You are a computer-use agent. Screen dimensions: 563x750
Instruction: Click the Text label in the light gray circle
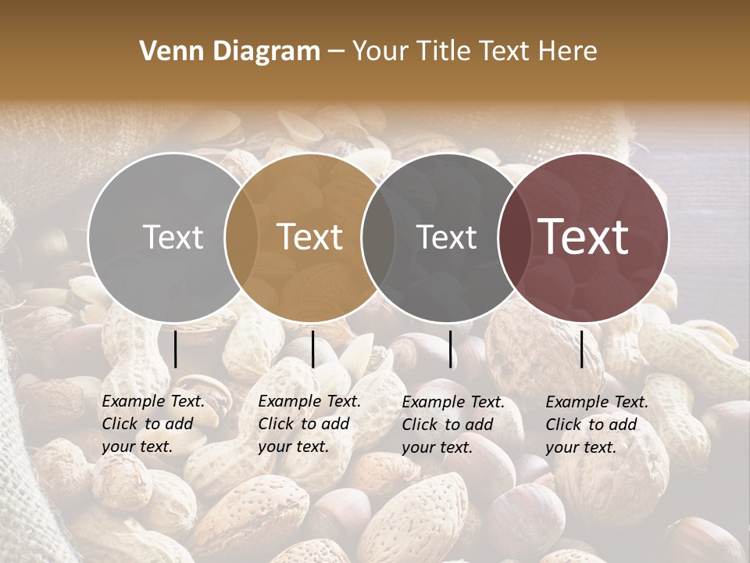point(173,237)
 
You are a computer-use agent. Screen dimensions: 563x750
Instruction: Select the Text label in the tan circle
point(310,237)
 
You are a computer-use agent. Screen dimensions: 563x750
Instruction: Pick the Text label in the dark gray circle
point(447,237)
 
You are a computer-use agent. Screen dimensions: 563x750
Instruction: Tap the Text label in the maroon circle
point(584,237)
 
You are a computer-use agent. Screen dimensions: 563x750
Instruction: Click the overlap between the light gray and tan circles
point(241,237)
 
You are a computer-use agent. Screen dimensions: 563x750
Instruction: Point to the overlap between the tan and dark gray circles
point(378,237)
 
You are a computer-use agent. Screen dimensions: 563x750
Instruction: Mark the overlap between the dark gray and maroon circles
point(515,237)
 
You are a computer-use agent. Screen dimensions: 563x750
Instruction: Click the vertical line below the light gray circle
point(175,349)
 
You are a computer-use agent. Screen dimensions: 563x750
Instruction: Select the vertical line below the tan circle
point(312,349)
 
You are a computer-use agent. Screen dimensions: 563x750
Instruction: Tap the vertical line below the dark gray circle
point(451,349)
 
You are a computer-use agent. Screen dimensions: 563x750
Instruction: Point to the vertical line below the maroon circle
point(582,349)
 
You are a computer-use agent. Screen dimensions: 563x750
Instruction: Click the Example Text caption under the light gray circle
point(153,424)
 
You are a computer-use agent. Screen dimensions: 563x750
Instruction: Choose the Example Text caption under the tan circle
point(309,424)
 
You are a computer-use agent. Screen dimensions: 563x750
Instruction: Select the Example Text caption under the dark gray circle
point(453,425)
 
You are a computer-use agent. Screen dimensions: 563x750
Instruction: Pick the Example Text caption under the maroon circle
point(597,425)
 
